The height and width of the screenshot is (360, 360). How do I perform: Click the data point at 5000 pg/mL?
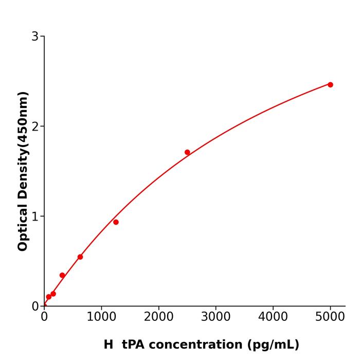click(x=330, y=85)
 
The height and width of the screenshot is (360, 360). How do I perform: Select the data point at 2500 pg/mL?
click(x=187, y=152)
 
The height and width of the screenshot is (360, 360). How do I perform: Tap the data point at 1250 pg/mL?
click(x=116, y=222)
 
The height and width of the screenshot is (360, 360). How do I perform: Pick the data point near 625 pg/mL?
click(x=80, y=257)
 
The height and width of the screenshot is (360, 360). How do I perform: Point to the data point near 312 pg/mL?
click(x=62, y=275)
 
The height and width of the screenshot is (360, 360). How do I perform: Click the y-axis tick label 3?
click(x=35, y=37)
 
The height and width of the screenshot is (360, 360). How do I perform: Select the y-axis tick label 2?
click(x=35, y=127)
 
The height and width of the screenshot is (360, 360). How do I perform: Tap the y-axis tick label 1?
click(x=35, y=217)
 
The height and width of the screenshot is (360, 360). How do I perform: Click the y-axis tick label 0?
click(x=35, y=306)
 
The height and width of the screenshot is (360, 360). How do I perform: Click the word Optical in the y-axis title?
click(x=23, y=228)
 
